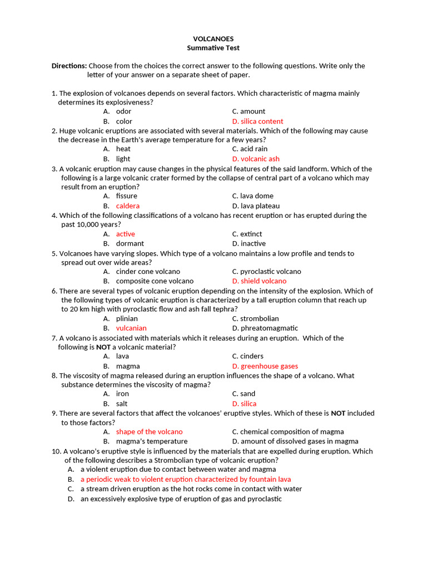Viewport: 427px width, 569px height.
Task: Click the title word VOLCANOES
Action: tap(213, 39)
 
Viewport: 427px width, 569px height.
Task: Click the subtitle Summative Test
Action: tap(213, 48)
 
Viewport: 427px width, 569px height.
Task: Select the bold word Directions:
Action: tap(69, 66)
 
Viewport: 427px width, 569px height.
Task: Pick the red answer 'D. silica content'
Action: tap(257, 121)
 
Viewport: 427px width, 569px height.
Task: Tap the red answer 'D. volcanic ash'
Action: tap(256, 159)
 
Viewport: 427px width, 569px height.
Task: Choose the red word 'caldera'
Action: tap(128, 206)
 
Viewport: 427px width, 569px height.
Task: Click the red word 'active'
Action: tap(126, 234)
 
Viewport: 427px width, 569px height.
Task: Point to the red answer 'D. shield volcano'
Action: tap(259, 281)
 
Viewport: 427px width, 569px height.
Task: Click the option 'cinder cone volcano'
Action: tap(148, 272)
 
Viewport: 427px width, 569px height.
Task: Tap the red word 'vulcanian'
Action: tap(131, 328)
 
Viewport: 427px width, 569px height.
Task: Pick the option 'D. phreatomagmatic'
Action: tap(265, 328)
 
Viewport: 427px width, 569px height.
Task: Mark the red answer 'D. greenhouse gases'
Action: tap(265, 366)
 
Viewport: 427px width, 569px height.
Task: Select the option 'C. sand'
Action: tap(244, 394)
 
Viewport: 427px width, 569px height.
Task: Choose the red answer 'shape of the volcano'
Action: tap(149, 432)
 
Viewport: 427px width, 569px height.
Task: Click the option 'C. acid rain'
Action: tap(250, 149)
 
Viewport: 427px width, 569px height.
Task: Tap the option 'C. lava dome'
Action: tap(252, 196)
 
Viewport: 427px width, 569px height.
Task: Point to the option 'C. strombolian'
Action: tap(255, 319)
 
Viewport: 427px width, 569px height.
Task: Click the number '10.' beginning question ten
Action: tap(56, 451)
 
